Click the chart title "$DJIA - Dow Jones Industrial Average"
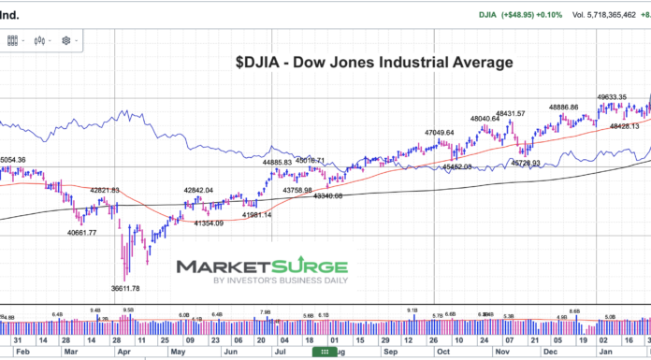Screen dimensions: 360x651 [374, 64]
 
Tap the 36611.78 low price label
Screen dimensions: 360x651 [124, 288]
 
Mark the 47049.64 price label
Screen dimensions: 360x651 [439, 133]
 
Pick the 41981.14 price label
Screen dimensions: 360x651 [256, 215]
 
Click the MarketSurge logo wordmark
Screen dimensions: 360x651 [262, 267]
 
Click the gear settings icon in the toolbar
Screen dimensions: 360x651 [66, 40]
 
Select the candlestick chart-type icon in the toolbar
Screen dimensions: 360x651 [39, 40]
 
